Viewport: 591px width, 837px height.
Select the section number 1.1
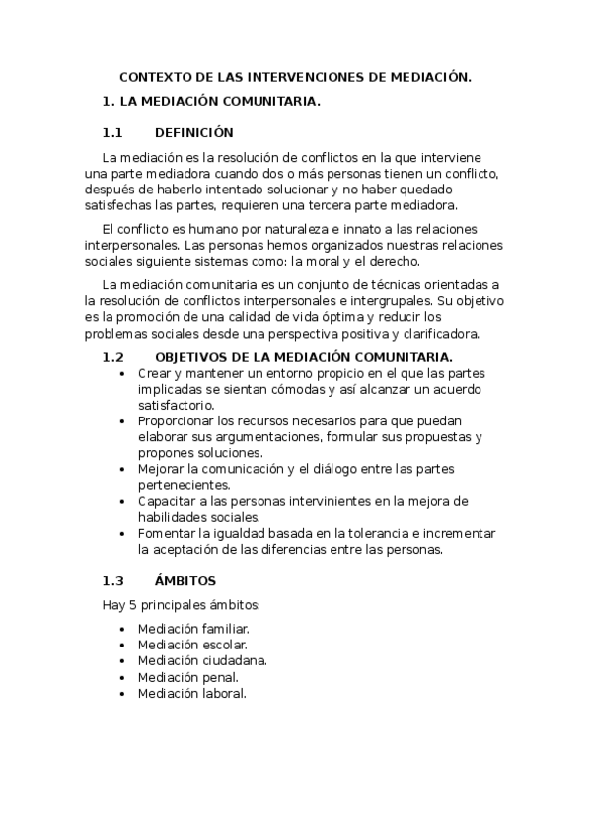[x=112, y=133]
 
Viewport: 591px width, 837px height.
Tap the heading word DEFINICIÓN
[x=194, y=133]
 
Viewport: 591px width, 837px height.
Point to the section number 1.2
[x=112, y=356]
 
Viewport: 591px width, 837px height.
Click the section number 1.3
[x=112, y=580]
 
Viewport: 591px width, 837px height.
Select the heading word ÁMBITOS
[x=185, y=580]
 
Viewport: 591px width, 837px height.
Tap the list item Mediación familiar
[x=193, y=628]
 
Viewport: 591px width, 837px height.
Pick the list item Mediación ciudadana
[x=202, y=660]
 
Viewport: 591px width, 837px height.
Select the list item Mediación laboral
[x=191, y=693]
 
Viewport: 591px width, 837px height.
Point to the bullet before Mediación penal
[x=120, y=677]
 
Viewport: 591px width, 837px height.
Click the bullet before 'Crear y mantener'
[x=120, y=373]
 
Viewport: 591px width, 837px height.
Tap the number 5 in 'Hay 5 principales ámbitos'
[x=132, y=604]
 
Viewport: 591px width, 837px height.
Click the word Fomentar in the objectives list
[x=168, y=533]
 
